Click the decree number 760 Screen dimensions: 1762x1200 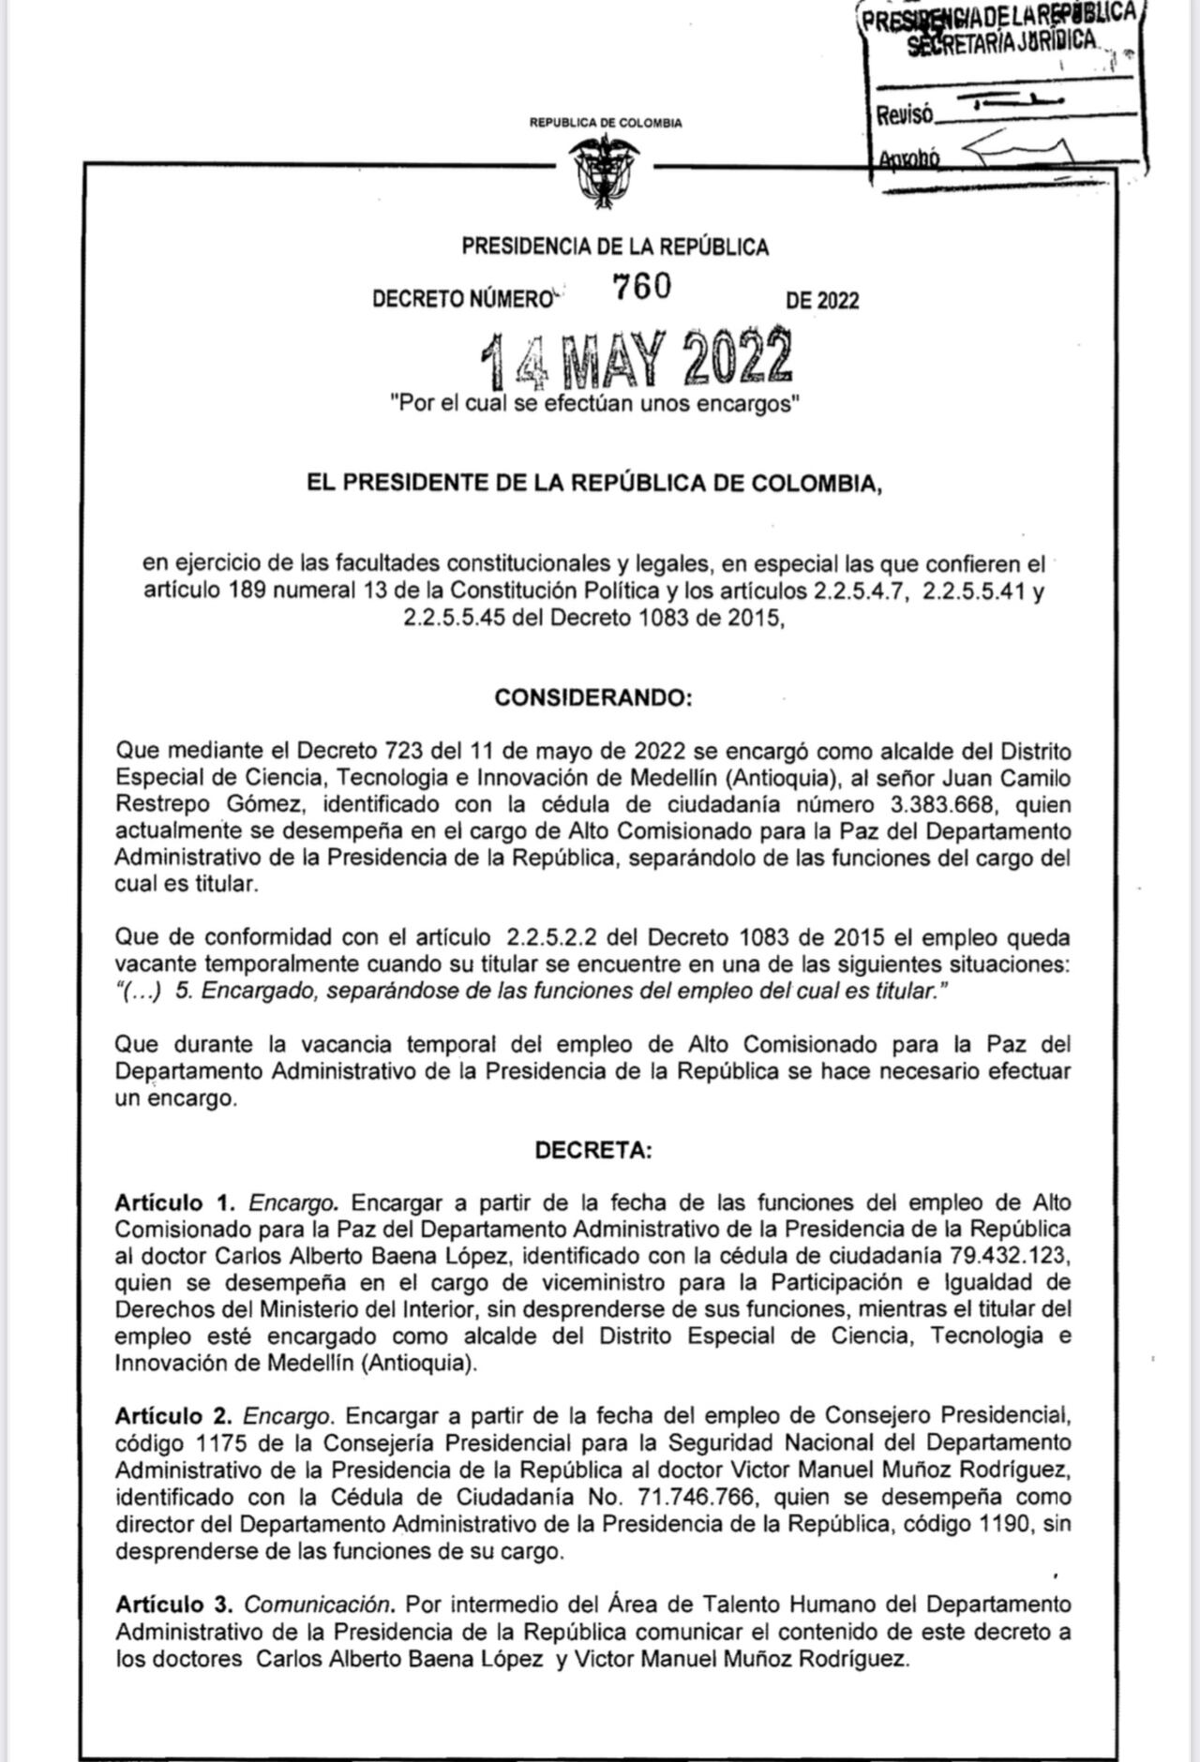click(x=642, y=286)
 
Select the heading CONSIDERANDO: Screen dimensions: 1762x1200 click(x=592, y=698)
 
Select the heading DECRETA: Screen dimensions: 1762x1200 click(x=592, y=1150)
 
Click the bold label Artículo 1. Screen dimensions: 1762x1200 click(x=173, y=1202)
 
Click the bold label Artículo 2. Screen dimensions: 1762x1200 click(x=173, y=1415)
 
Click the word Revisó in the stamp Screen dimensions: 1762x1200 click(x=905, y=116)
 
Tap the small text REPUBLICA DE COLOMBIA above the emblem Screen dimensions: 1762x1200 click(x=606, y=123)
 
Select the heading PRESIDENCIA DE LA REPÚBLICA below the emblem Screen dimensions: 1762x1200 click(x=615, y=246)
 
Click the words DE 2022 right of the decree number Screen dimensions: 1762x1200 click(x=822, y=301)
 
